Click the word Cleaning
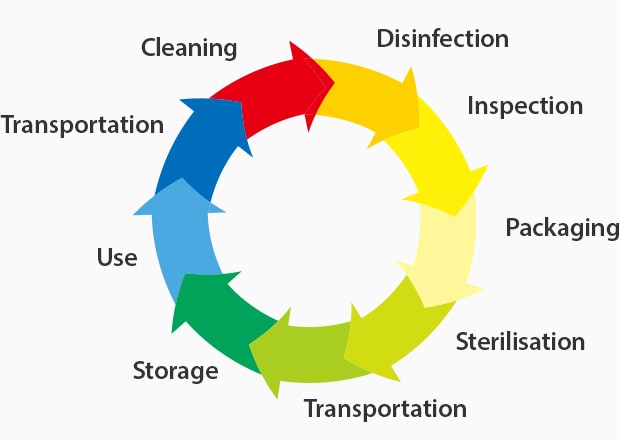click(x=189, y=47)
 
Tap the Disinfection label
click(x=442, y=39)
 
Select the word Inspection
click(x=524, y=105)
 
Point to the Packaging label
click(x=562, y=227)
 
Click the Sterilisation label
click(x=520, y=341)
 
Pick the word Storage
click(x=175, y=371)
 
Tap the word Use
click(x=117, y=257)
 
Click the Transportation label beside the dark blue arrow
click(x=82, y=125)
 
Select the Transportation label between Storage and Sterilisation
click(x=385, y=408)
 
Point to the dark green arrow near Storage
click(x=220, y=320)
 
